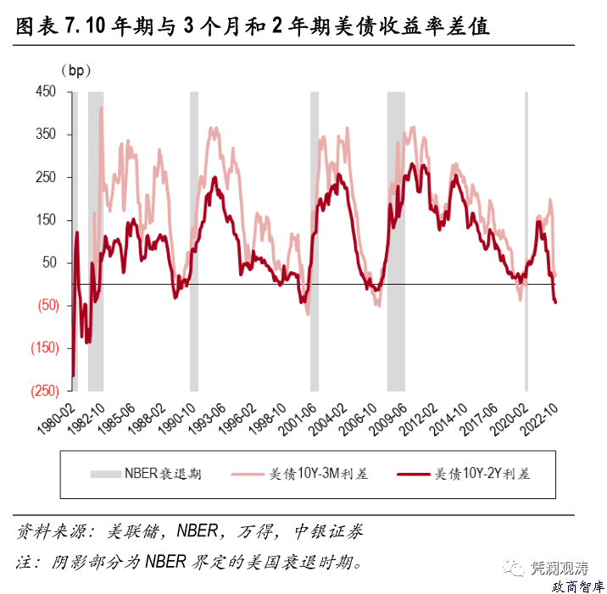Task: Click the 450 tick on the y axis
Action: (x=44, y=92)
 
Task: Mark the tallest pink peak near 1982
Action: (x=101, y=109)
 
